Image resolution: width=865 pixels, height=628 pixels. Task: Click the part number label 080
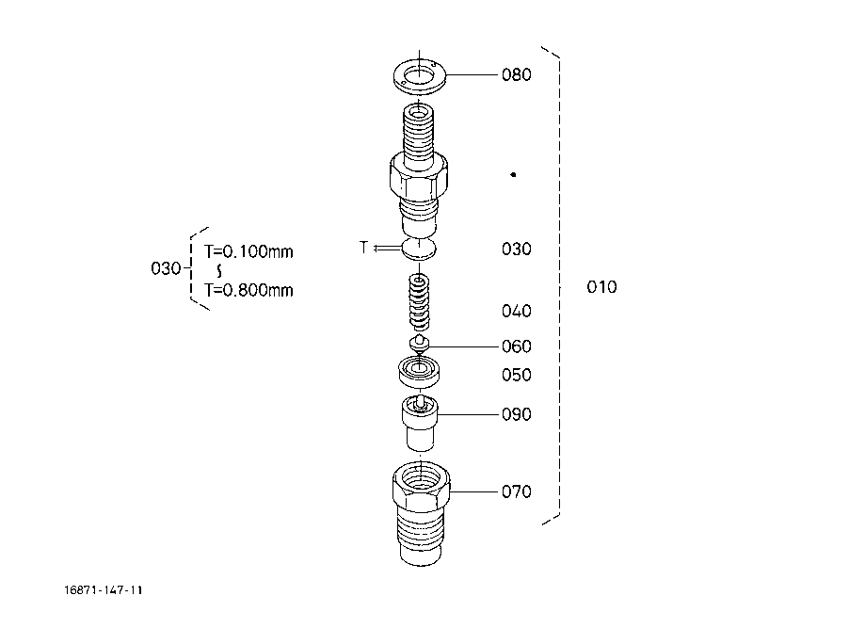[x=516, y=74]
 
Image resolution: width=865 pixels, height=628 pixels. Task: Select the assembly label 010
[x=601, y=287]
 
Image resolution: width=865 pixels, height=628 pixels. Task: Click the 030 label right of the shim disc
[x=516, y=249]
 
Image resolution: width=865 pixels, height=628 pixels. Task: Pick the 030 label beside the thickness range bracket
[x=166, y=269]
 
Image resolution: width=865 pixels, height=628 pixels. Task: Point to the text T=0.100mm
[x=248, y=251]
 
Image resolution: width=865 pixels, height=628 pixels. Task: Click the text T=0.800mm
[x=248, y=290]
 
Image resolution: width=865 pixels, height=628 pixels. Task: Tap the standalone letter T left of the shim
[x=363, y=248]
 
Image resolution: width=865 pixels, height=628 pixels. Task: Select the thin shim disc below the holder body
[x=419, y=250]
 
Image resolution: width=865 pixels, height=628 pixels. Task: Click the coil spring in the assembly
[x=419, y=300]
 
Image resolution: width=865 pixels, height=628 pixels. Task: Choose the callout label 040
[x=516, y=311]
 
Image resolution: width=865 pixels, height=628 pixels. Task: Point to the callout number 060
[x=516, y=346]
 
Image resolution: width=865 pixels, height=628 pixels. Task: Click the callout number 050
[x=516, y=375]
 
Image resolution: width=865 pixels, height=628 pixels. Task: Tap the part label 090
[x=516, y=414]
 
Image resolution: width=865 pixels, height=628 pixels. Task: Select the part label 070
[x=516, y=491]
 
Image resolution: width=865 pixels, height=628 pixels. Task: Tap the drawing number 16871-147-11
[x=104, y=590]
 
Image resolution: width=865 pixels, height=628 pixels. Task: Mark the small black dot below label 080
[x=513, y=174]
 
